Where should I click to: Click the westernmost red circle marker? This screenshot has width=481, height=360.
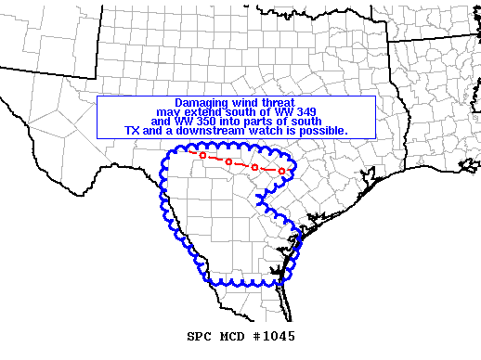pyautogui.click(x=202, y=155)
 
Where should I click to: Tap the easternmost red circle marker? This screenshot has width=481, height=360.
pyautogui.click(x=281, y=171)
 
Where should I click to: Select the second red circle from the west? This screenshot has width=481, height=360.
pyautogui.click(x=228, y=161)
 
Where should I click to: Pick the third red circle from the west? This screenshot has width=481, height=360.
pyautogui.click(x=254, y=167)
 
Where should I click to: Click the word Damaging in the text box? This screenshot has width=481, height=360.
pyautogui.click(x=201, y=102)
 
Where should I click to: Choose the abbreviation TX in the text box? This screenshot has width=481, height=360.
pyautogui.click(x=131, y=131)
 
